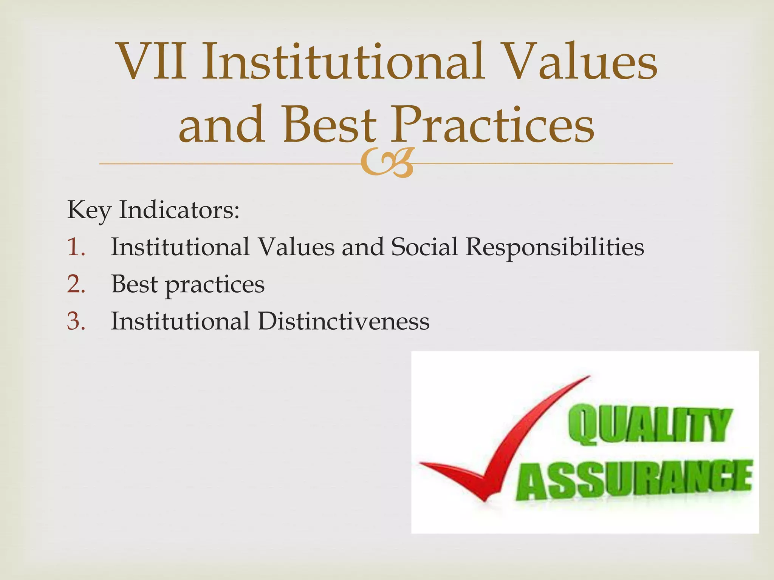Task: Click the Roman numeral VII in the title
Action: [x=152, y=62]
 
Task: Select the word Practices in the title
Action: [x=492, y=125]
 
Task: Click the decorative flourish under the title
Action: [x=387, y=163]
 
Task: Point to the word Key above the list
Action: [x=89, y=210]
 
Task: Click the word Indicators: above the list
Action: [x=179, y=210]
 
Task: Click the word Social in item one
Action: [x=424, y=247]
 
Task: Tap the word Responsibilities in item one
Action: [x=554, y=247]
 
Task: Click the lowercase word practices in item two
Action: [x=215, y=285]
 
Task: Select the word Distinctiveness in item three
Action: [x=344, y=321]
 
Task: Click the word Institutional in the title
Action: [x=343, y=62]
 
